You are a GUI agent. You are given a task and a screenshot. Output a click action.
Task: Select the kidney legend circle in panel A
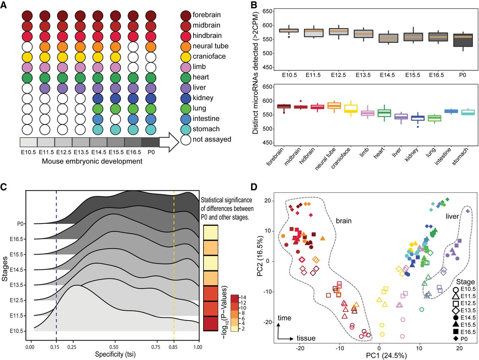tap(186, 98)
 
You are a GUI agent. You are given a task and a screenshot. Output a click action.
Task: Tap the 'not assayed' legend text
tap(212, 139)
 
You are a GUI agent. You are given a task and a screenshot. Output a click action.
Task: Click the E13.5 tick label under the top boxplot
tap(363, 75)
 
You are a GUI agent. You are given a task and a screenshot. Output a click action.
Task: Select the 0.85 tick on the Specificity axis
tap(174, 347)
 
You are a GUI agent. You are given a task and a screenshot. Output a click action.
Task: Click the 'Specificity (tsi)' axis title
tap(115, 354)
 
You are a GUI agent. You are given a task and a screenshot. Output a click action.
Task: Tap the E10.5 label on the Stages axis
tap(17, 331)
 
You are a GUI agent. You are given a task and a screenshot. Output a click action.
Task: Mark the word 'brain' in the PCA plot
tap(344, 221)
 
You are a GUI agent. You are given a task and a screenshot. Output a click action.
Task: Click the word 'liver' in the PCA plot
tap(452, 216)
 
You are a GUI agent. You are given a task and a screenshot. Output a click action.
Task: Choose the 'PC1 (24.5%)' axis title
tap(386, 355)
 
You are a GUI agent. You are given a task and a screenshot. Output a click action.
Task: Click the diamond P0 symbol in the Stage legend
tap(455, 339)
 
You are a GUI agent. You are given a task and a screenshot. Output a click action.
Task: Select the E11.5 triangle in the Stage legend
tap(455, 296)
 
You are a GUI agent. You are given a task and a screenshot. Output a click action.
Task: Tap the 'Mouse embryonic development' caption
tap(92, 161)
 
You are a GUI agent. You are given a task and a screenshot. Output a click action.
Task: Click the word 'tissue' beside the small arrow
tap(306, 338)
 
